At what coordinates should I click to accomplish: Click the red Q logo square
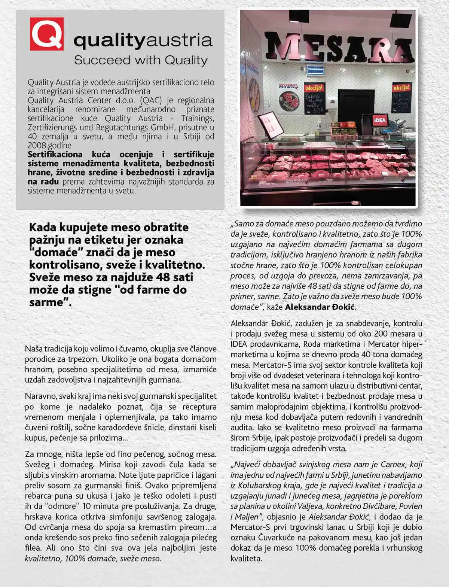tap(47, 34)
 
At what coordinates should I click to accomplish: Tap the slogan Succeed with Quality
tap(141, 60)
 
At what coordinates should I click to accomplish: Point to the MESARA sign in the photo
tap(339, 47)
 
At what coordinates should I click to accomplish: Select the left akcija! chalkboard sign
tap(314, 98)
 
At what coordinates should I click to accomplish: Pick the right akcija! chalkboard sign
tap(401, 97)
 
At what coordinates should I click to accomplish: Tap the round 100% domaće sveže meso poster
tap(288, 98)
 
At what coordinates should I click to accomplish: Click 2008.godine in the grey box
tap(49, 146)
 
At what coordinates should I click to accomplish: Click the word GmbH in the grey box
tap(163, 127)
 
